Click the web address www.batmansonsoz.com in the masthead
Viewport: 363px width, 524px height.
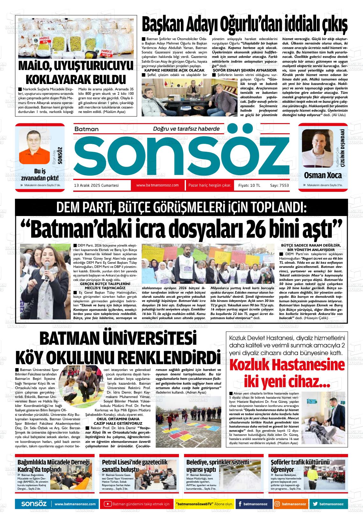pos(157,185)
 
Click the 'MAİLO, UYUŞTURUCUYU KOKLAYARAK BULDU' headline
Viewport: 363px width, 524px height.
pos(76,72)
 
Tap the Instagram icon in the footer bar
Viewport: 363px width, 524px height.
pos(277,504)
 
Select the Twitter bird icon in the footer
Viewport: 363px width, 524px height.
pos(315,504)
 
